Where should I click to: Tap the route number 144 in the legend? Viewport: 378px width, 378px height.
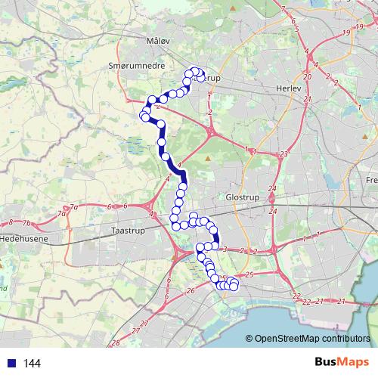[x=32, y=364]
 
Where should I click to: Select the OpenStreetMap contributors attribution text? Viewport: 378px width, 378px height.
[x=311, y=339]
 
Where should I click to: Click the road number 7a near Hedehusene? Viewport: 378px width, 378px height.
[x=73, y=207]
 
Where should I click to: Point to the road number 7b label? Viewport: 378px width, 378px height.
[x=26, y=224]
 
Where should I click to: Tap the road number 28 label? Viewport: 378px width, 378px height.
[x=116, y=343]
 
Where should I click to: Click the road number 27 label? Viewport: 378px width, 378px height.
[x=135, y=330]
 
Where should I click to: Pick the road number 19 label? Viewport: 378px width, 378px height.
[x=345, y=33]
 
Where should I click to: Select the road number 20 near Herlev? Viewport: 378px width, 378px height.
[x=307, y=76]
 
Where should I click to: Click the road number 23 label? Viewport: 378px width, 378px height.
[x=283, y=155]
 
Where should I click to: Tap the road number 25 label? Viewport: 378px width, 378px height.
[x=249, y=275]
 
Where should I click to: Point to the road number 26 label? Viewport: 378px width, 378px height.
[x=191, y=290]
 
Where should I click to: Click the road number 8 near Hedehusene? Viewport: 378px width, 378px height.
[x=11, y=222]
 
